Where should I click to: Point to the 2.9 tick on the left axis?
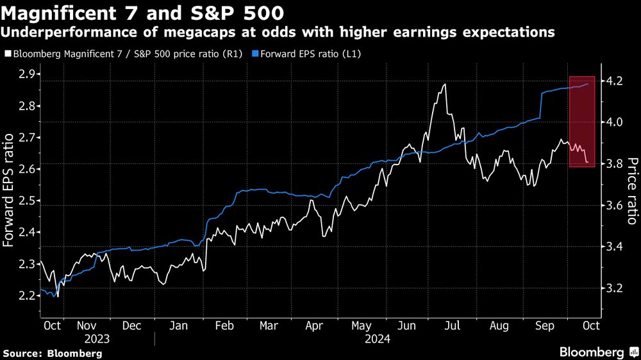pyautogui.click(x=26, y=75)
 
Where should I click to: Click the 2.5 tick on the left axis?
pyautogui.click(x=26, y=201)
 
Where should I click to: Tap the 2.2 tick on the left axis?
pyautogui.click(x=26, y=296)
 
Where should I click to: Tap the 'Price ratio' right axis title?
pyautogui.click(x=631, y=191)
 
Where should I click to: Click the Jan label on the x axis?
pyautogui.click(x=179, y=325)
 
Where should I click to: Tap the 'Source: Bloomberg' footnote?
pyautogui.click(x=53, y=353)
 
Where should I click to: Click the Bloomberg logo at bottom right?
pyautogui.click(x=599, y=352)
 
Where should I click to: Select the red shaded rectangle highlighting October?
pyautogui.click(x=582, y=122)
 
